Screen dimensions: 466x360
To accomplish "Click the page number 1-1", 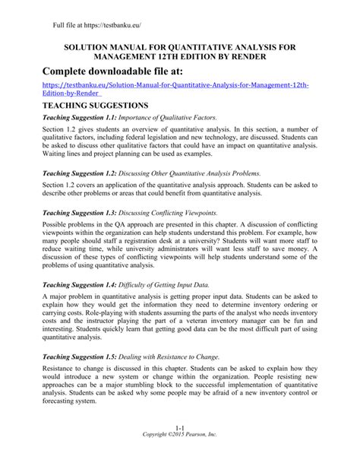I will pyautogui.click(x=180, y=449).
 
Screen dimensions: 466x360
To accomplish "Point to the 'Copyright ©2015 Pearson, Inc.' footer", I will pyautogui.click(x=180, y=456).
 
